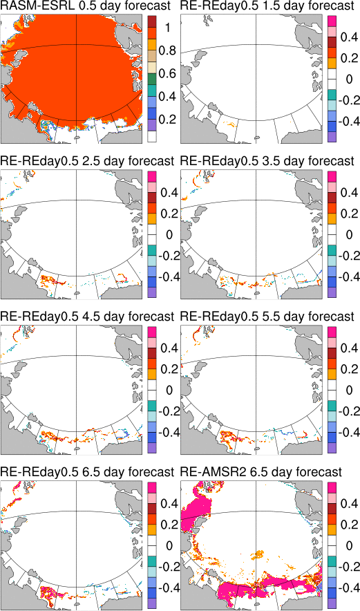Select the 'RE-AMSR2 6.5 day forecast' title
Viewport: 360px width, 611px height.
(262, 473)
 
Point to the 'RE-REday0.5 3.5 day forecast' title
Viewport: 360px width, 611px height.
(267, 161)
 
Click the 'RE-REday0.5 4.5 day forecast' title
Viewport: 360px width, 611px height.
(87, 317)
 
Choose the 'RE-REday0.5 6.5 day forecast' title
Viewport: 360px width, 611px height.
(87, 473)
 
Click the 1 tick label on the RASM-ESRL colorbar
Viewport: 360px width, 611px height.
(168, 28)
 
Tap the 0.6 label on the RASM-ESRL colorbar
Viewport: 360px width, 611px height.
(169, 74)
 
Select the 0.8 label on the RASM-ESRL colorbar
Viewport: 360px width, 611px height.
(169, 51)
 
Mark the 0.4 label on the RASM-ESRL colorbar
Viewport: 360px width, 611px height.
(169, 97)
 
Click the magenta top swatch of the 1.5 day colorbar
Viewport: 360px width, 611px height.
(332, 21)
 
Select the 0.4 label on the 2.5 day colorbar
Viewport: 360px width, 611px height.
(169, 193)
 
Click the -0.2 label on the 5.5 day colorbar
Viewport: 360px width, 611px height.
(348, 411)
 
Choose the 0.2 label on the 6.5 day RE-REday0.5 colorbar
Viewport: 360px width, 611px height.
(169, 525)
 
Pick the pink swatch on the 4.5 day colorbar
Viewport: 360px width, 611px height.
(151, 342)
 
